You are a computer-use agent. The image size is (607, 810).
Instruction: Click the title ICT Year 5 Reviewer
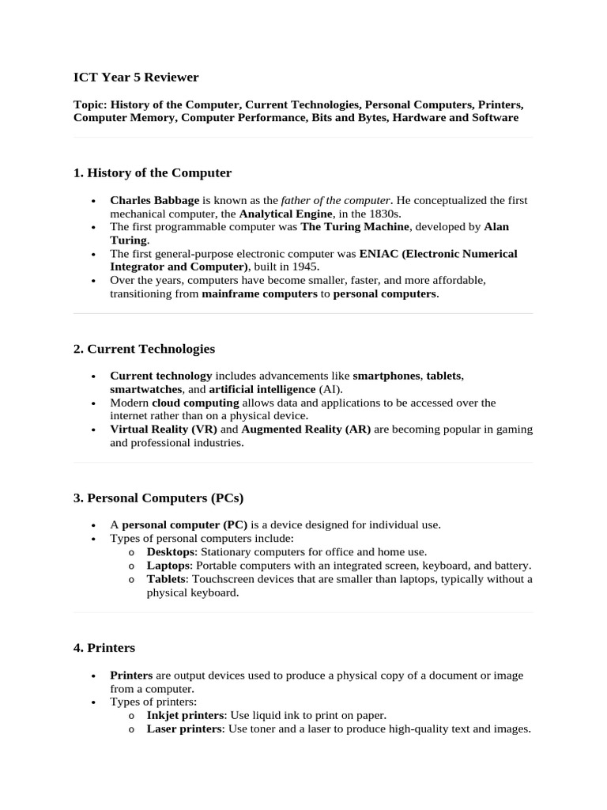[136, 78]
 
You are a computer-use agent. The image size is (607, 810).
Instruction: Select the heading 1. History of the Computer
[153, 172]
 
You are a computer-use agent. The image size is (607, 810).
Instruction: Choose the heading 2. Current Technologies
[144, 349]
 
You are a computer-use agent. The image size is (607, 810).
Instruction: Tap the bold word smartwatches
[145, 389]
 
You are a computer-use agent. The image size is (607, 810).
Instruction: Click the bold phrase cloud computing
[195, 403]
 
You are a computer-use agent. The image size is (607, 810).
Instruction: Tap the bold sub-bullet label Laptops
[168, 566]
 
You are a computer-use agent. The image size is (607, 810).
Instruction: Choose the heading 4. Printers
[104, 648]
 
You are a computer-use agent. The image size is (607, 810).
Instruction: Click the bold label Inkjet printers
[185, 715]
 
